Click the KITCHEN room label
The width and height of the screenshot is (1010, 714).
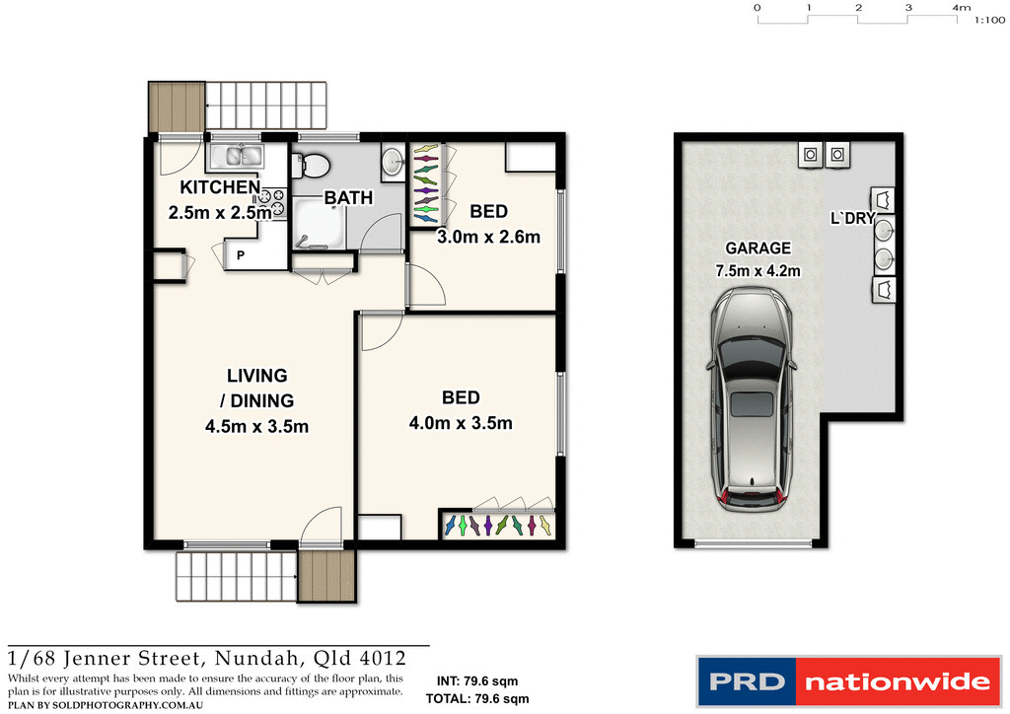pos(219,187)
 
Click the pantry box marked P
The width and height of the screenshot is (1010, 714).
pos(242,257)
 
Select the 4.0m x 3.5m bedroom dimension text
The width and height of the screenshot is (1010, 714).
pos(462,424)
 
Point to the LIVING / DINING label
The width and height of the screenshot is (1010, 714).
pos(256,388)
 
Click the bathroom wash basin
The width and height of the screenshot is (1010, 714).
pos(392,162)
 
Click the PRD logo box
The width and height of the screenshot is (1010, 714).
pos(746,681)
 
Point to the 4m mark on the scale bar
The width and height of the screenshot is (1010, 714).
pos(960,7)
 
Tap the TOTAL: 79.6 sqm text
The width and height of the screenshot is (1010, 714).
pos(477,698)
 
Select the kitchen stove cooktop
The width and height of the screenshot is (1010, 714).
pos(272,201)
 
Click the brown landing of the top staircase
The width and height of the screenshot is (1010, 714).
pos(177,107)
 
